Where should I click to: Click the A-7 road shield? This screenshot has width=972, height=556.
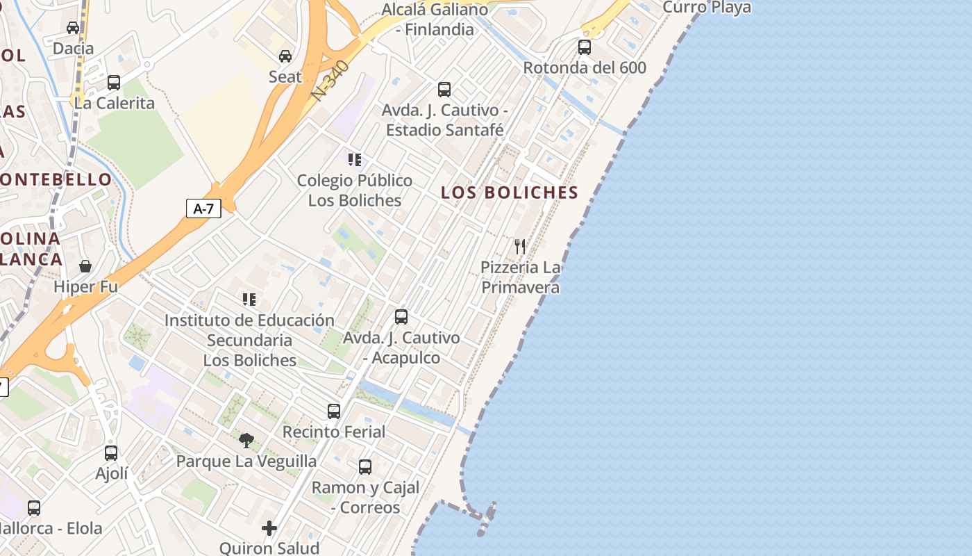pos(203,208)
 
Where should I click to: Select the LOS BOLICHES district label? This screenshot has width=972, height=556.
pos(510,193)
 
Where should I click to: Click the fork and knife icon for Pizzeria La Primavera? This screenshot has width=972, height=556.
pos(520,246)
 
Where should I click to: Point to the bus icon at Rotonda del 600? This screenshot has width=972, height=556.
pos(585,47)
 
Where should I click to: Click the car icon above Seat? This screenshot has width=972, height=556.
pos(285,56)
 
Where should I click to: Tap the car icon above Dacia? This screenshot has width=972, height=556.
pos(73,28)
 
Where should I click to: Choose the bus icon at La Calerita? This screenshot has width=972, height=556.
pos(114,83)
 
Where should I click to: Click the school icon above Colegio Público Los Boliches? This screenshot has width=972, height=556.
pos(355,160)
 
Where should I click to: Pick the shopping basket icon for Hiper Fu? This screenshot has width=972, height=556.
pos(85,266)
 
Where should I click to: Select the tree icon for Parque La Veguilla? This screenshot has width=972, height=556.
pos(246,440)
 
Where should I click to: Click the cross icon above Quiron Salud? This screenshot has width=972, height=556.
pos(269,528)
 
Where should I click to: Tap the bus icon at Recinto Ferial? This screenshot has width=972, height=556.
pos(334,411)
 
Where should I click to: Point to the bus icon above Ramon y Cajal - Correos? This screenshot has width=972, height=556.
pos(365,467)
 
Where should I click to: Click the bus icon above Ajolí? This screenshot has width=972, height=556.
pos(111,453)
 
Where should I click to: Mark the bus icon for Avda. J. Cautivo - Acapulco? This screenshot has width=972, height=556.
pos(401,317)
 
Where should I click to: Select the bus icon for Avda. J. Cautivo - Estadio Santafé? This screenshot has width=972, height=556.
pos(444,90)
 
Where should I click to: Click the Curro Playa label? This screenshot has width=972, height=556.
pos(707,8)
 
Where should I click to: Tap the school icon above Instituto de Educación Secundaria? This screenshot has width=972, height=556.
pos(249,300)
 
